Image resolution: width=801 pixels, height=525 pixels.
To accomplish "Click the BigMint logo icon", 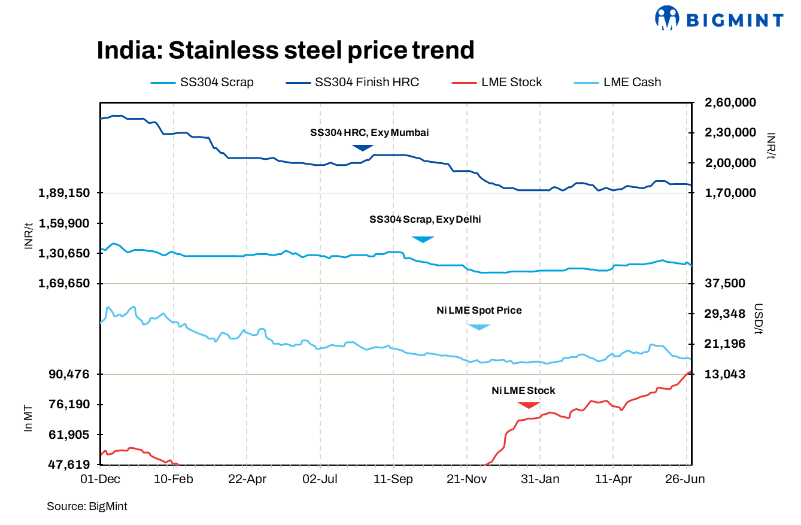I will pyautogui.click(x=667, y=18).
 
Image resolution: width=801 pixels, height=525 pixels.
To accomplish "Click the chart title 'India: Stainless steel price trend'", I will pyautogui.click(x=286, y=50).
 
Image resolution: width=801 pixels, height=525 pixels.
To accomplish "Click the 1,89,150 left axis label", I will pyautogui.click(x=63, y=193).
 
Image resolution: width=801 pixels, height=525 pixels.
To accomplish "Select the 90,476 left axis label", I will pyautogui.click(x=68, y=374).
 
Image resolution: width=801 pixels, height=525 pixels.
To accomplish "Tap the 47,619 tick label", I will pyautogui.click(x=68, y=465).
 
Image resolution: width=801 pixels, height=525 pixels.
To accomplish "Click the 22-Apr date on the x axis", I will pyautogui.click(x=247, y=480).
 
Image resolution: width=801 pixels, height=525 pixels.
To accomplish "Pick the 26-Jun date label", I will pyautogui.click(x=685, y=480).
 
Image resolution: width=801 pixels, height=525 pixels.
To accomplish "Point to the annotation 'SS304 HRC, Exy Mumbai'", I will pyautogui.click(x=369, y=132).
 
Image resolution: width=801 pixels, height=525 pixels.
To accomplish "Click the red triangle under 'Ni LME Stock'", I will pyautogui.click(x=529, y=405).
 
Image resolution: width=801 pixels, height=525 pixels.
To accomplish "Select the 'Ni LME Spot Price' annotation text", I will pyautogui.click(x=479, y=310).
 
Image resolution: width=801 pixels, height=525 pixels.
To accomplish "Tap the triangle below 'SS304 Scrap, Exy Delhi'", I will pyautogui.click(x=423, y=239).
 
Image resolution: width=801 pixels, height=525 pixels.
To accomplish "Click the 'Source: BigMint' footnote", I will pyautogui.click(x=87, y=506).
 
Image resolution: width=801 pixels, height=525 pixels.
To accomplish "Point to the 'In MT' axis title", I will pyautogui.click(x=28, y=418).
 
